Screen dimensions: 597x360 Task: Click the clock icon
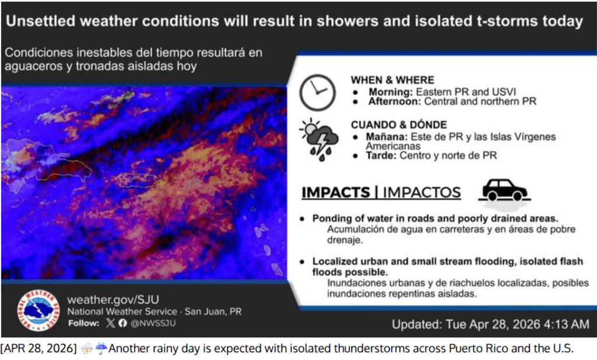pyautogui.click(x=318, y=93)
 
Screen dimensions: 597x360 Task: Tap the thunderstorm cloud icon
pyautogui.click(x=319, y=139)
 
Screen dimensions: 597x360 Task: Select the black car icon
pyautogui.click(x=504, y=190)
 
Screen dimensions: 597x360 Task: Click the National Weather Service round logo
pyautogui.click(x=38, y=310)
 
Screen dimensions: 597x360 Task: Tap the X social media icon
pyautogui.click(x=110, y=323)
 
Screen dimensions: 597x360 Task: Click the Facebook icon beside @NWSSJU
pyautogui.click(x=122, y=323)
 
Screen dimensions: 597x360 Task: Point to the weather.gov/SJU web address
pyautogui.click(x=113, y=299)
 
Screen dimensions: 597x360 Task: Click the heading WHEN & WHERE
pyautogui.click(x=392, y=80)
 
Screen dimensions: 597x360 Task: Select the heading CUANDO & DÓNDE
pyautogui.click(x=399, y=125)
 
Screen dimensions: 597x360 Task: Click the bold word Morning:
pyautogui.click(x=391, y=92)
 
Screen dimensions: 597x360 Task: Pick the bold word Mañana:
pyautogui.click(x=387, y=137)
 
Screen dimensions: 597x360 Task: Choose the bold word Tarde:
pyautogui.click(x=381, y=156)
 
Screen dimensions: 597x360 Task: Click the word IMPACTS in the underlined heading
pyautogui.click(x=336, y=193)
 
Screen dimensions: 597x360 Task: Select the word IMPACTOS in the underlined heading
pyautogui.click(x=422, y=193)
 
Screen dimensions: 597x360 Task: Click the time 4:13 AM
pyautogui.click(x=567, y=324)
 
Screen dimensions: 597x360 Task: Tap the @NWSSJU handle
pyautogui.click(x=153, y=323)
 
